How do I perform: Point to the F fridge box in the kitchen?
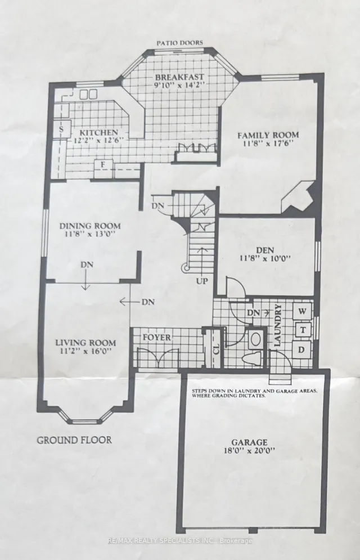[103, 164]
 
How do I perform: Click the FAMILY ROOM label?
[267, 135]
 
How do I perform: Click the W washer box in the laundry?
[301, 310]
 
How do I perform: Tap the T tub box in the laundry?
[301, 330]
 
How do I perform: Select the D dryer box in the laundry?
[301, 350]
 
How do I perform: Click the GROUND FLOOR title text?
[74, 440]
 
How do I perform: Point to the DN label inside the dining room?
[87, 265]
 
